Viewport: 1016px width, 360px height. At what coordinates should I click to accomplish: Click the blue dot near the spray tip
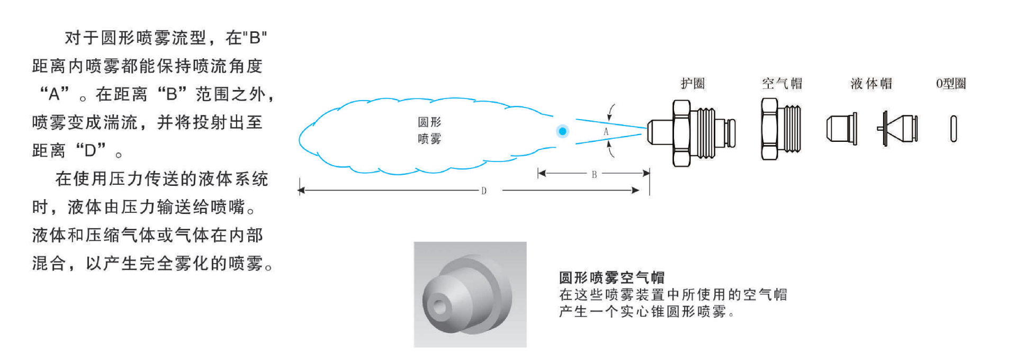tap(562, 131)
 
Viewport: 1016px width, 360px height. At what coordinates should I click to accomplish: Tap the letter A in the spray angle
tap(606, 132)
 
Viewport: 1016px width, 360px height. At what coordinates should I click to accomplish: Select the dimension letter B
tap(594, 174)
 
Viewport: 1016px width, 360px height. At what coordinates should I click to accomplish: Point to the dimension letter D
tap(483, 191)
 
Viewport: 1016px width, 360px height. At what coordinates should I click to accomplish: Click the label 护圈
tap(693, 83)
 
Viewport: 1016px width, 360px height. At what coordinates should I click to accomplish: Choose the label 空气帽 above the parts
tap(782, 83)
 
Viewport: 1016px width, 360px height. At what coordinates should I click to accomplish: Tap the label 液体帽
tap(871, 83)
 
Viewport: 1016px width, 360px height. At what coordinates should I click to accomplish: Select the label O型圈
tap(951, 83)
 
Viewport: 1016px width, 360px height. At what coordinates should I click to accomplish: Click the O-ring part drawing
tap(954, 129)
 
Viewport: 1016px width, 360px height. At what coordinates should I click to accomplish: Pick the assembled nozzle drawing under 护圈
tap(691, 132)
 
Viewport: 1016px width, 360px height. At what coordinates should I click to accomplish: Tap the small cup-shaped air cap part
tap(841, 129)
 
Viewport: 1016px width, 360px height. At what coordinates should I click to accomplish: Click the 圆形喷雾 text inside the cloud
tap(429, 130)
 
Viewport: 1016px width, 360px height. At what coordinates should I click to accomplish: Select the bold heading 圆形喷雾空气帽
tap(612, 277)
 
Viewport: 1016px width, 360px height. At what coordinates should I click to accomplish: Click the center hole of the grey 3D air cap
tap(439, 306)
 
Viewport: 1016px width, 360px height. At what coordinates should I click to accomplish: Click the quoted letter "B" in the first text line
tap(257, 38)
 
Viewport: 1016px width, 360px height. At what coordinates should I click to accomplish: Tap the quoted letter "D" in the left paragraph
tap(91, 150)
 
